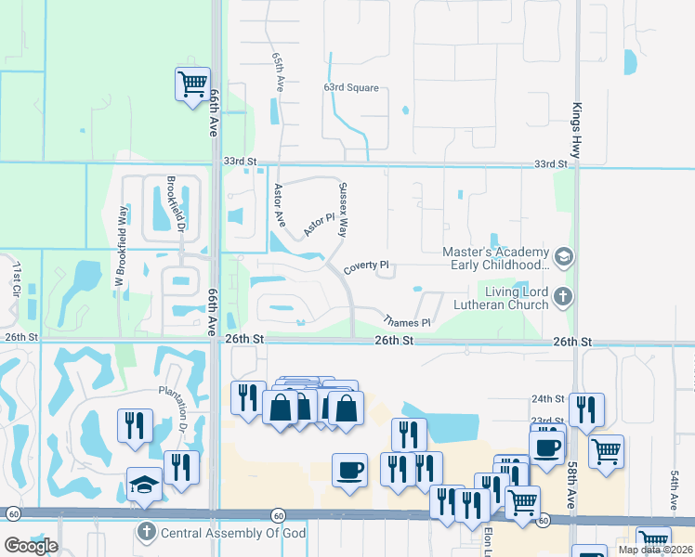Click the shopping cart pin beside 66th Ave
(192, 84)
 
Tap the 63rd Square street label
(351, 87)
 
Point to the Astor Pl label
(319, 223)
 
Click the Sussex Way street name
(342, 210)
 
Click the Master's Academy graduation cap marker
(562, 255)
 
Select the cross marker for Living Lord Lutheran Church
(562, 297)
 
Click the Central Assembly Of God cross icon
(146, 532)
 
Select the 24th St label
(548, 398)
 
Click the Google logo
(31, 546)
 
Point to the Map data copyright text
(655, 550)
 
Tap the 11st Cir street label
(16, 278)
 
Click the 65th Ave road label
(278, 71)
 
